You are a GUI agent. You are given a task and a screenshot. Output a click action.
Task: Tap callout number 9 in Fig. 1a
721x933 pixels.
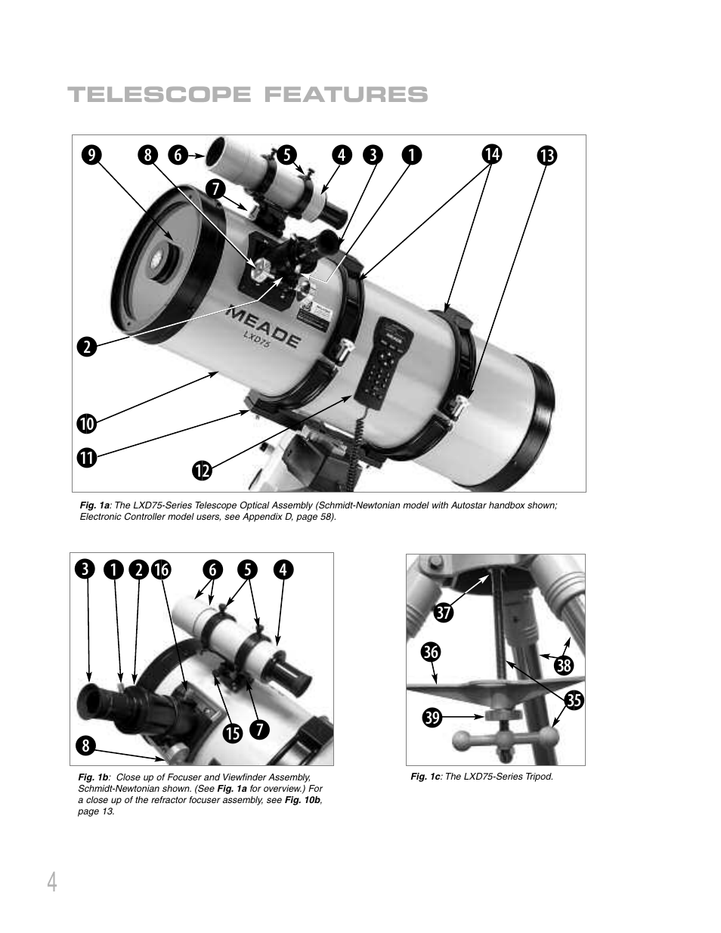tap(91, 154)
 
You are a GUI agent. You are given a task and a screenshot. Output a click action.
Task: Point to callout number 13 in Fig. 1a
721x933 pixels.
tap(546, 156)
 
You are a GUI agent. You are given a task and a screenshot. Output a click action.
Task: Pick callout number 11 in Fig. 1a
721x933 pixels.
tap(86, 456)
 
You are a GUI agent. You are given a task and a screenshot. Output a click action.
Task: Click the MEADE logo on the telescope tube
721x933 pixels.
tap(264, 326)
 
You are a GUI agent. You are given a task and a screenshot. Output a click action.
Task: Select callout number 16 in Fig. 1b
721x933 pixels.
tap(161, 570)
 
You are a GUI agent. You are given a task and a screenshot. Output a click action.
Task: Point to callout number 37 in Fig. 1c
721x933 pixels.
tap(443, 613)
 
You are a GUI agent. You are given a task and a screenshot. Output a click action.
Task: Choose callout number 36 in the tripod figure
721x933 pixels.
tap(431, 651)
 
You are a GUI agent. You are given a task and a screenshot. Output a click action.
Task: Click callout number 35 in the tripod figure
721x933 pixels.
tap(574, 700)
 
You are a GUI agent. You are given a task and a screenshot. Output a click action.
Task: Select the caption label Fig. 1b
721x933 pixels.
tap(94, 777)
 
